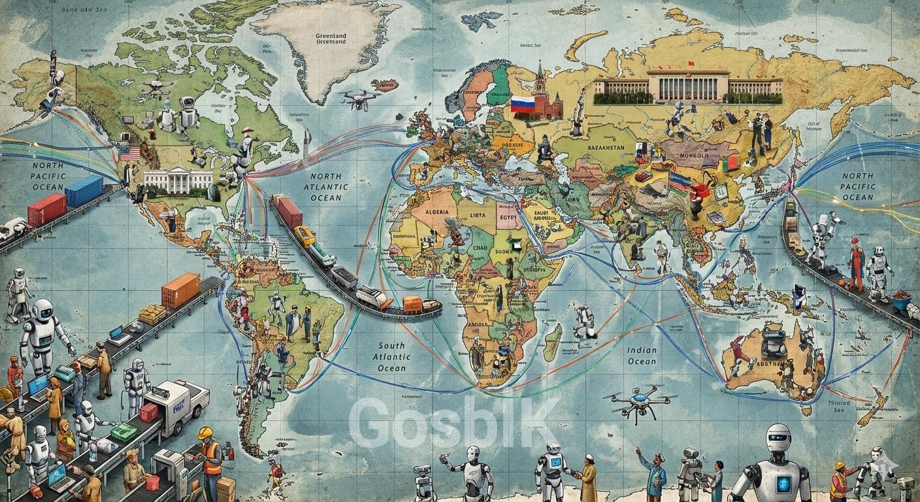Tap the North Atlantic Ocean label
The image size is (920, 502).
(x=325, y=187)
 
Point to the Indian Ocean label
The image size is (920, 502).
(x=642, y=356)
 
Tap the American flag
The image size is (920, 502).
(x=129, y=153)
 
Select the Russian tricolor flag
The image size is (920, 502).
(x=522, y=104)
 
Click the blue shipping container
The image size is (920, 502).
(x=84, y=191)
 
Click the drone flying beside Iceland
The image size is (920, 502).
(x=359, y=99)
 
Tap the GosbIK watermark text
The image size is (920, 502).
(x=453, y=423)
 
